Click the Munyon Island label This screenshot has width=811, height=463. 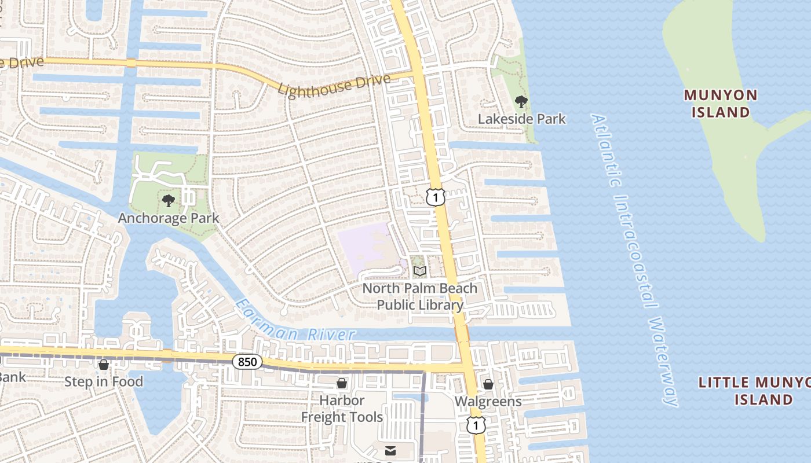coord(720,103)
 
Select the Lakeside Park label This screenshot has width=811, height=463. coord(521,119)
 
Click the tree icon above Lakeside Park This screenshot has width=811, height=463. coord(521,102)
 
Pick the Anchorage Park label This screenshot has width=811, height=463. coord(169,218)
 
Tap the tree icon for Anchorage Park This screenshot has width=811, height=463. coord(169,201)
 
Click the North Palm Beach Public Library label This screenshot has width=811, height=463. coord(420,296)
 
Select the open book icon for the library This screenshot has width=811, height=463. coord(420,271)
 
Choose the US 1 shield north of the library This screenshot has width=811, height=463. coord(436,197)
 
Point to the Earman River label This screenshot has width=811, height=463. coord(295,321)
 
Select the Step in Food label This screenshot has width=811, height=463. coord(104,381)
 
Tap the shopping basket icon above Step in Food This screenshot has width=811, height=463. coord(104,365)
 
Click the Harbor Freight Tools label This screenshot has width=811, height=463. coord(342,409)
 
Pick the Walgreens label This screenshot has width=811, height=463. coord(488,401)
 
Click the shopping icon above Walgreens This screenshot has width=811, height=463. coord(488,384)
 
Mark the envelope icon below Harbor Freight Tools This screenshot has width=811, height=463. coord(391,450)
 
